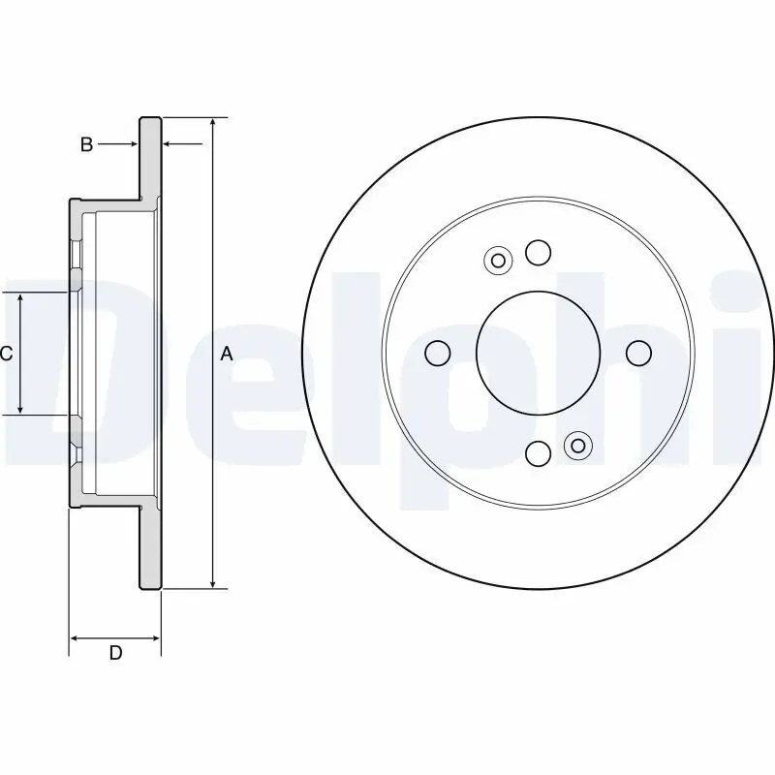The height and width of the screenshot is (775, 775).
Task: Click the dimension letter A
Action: (227, 354)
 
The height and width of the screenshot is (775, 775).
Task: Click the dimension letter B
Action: (86, 144)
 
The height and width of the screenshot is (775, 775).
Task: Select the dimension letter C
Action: (6, 354)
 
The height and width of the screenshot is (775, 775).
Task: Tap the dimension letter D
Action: (115, 653)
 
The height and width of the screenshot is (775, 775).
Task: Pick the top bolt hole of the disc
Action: (539, 253)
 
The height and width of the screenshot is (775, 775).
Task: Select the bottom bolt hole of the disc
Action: (539, 452)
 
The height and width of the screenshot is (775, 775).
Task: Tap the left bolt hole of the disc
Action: (439, 353)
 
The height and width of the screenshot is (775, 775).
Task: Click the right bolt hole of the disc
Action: (638, 353)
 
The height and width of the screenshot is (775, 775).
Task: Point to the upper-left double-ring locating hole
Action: (499, 260)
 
